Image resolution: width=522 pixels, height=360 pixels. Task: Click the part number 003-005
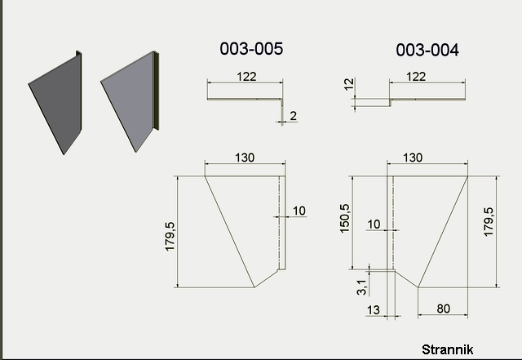(x=251, y=49)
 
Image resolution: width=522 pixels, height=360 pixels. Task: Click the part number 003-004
(x=427, y=51)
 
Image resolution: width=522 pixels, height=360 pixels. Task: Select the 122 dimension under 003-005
(x=246, y=76)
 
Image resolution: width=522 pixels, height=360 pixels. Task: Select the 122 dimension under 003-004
(x=415, y=77)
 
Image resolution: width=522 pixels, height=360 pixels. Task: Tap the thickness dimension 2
(x=293, y=116)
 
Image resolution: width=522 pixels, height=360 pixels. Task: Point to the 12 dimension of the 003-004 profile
(x=349, y=84)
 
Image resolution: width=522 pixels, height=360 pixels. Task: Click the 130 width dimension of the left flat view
(x=244, y=158)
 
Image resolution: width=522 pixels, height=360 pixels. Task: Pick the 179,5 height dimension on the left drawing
(x=171, y=233)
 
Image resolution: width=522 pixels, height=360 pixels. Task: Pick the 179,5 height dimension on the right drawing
(x=489, y=220)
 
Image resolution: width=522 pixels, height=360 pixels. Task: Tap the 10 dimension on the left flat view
(x=299, y=211)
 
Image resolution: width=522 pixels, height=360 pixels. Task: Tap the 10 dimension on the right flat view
(x=374, y=224)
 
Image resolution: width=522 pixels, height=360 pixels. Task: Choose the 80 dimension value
(x=444, y=309)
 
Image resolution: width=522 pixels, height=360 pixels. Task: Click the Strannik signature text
(x=447, y=349)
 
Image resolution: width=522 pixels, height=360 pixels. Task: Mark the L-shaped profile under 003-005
(x=245, y=100)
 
